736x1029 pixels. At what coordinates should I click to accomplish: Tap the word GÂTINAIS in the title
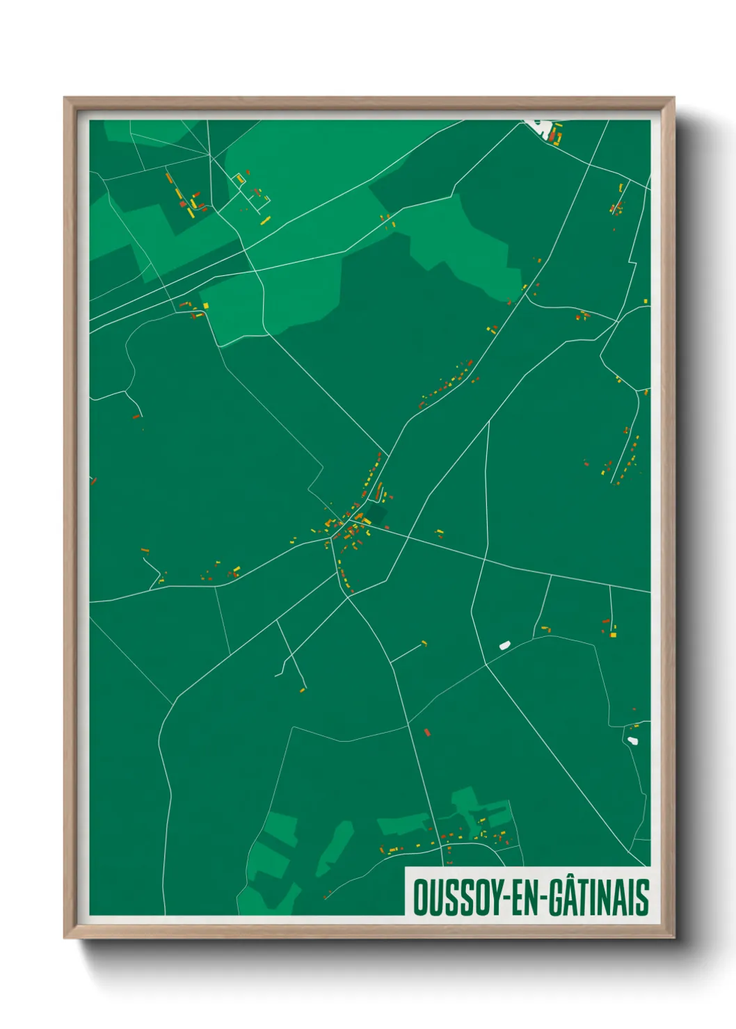pos(599,897)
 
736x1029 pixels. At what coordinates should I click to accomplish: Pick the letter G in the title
pos(558,897)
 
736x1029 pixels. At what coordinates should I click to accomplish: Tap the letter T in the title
pos(586,897)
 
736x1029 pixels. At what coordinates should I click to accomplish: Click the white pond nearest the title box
pos(632,740)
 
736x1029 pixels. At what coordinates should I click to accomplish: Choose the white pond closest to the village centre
pos(504,645)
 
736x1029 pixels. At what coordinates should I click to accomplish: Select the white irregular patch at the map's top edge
pos(541,127)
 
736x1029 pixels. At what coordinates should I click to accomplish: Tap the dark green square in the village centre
pos(376,515)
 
